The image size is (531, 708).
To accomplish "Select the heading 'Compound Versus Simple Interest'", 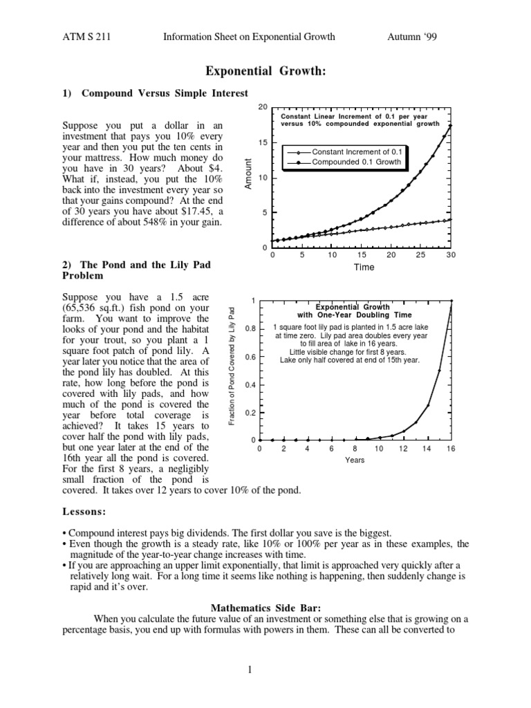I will (165, 93).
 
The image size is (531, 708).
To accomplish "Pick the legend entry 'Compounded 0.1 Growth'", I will (356, 162).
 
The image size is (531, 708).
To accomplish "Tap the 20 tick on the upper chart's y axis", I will (262, 107).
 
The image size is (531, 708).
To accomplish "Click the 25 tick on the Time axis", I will (421, 254).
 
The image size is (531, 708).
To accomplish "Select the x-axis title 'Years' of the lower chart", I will (355, 459).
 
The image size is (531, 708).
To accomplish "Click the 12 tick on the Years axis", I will (403, 449).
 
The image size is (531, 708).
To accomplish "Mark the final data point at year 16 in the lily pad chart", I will (451, 301).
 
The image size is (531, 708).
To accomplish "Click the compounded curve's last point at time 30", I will (451, 126).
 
